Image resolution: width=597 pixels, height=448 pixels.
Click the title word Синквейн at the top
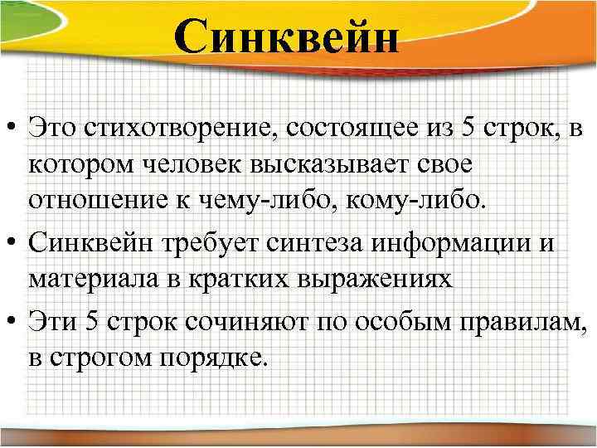click(287, 38)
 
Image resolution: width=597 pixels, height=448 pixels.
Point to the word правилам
click(505, 318)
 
